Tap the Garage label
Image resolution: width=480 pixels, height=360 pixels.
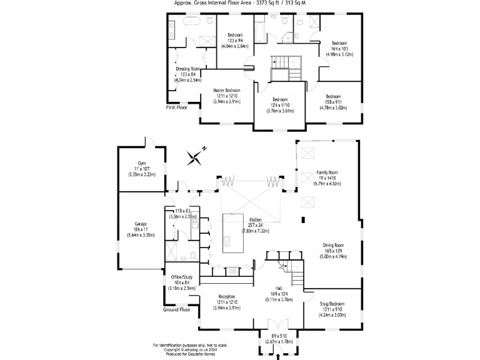coord(140,223)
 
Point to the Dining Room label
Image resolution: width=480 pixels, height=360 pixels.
coord(332,245)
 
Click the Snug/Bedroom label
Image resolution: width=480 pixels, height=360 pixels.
coord(331,304)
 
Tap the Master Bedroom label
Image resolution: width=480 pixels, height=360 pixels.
coord(226,90)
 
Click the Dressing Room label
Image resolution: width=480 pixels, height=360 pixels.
coord(187,68)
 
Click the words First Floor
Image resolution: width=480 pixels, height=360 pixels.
coord(176,107)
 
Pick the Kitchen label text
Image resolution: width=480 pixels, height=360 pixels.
coord(255,220)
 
